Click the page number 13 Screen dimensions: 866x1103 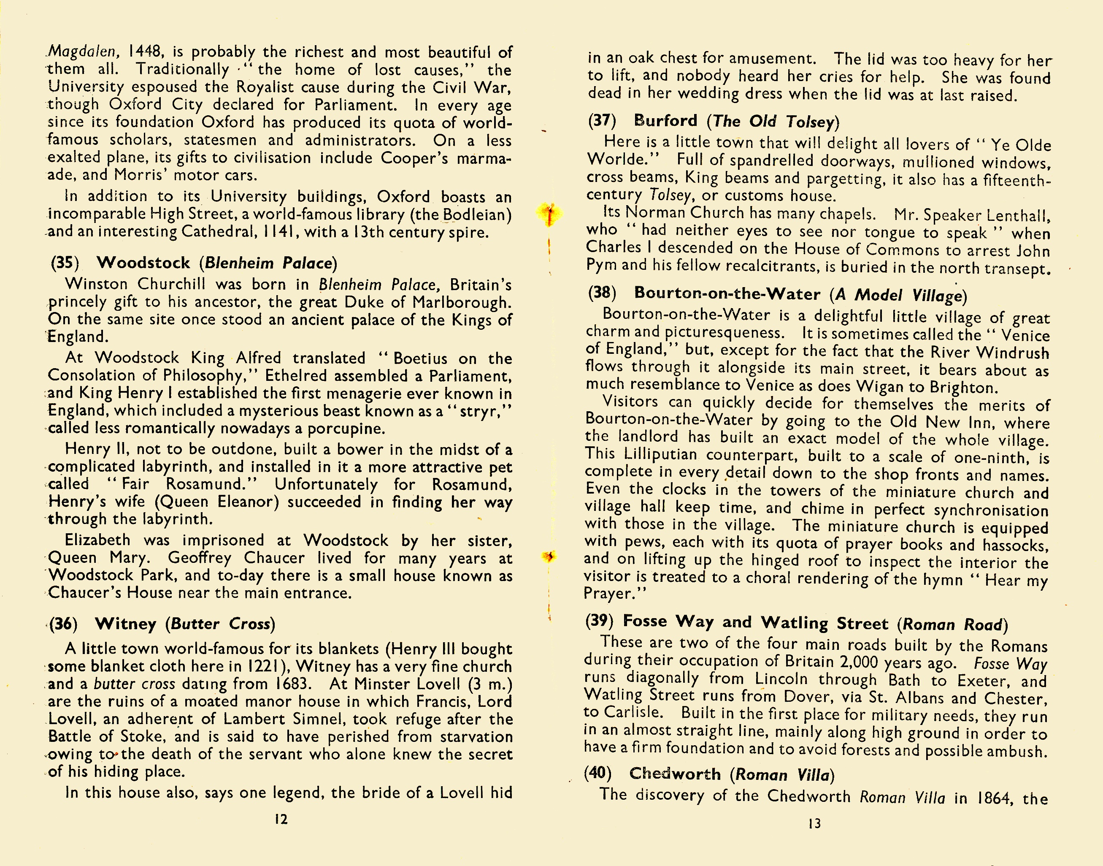click(814, 823)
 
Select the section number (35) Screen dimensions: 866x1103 click(65, 263)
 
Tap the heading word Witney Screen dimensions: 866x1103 click(126, 623)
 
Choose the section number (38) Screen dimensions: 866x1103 click(602, 293)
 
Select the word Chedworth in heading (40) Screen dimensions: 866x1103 click(675, 774)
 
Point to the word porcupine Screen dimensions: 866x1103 click(346, 429)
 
